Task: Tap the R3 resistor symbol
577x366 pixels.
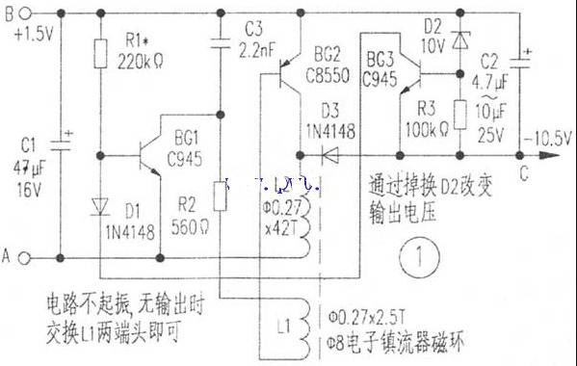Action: (459, 114)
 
